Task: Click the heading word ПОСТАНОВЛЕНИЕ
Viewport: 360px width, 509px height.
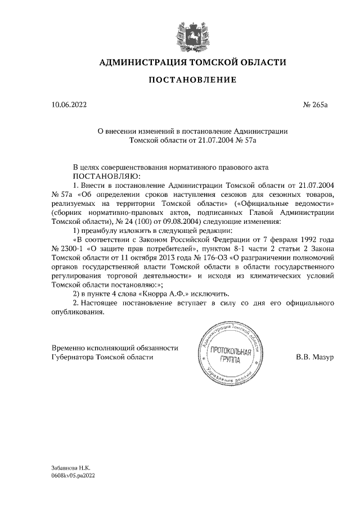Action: tap(192, 80)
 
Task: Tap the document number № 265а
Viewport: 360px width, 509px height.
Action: tap(318, 105)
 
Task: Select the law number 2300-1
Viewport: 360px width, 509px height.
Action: tap(73, 249)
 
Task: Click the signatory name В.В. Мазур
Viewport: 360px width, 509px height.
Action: tap(315, 357)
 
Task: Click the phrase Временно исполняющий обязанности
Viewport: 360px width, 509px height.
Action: tap(115, 348)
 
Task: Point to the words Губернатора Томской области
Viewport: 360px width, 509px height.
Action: tap(101, 357)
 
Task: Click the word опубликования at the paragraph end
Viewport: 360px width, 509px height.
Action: tap(78, 312)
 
